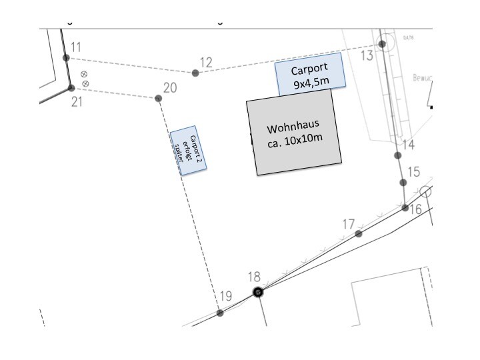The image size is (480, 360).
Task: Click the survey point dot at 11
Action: coord(66,58)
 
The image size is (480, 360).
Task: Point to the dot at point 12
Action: coord(195,73)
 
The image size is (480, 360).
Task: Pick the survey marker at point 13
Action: coord(382,45)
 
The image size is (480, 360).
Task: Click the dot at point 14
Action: coord(398,155)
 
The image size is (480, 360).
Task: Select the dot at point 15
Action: coord(403,183)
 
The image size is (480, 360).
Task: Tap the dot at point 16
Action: coord(405,208)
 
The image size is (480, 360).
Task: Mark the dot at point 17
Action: coord(359,234)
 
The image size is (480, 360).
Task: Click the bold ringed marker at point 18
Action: coord(259,291)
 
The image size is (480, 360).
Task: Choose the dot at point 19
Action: coord(221,313)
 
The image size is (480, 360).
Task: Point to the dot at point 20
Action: coord(159,99)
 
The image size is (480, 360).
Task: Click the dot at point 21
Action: coord(71,88)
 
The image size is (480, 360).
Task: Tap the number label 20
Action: coord(170,88)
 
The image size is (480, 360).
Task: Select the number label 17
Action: coord(349,224)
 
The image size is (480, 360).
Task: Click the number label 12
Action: coord(206,63)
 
